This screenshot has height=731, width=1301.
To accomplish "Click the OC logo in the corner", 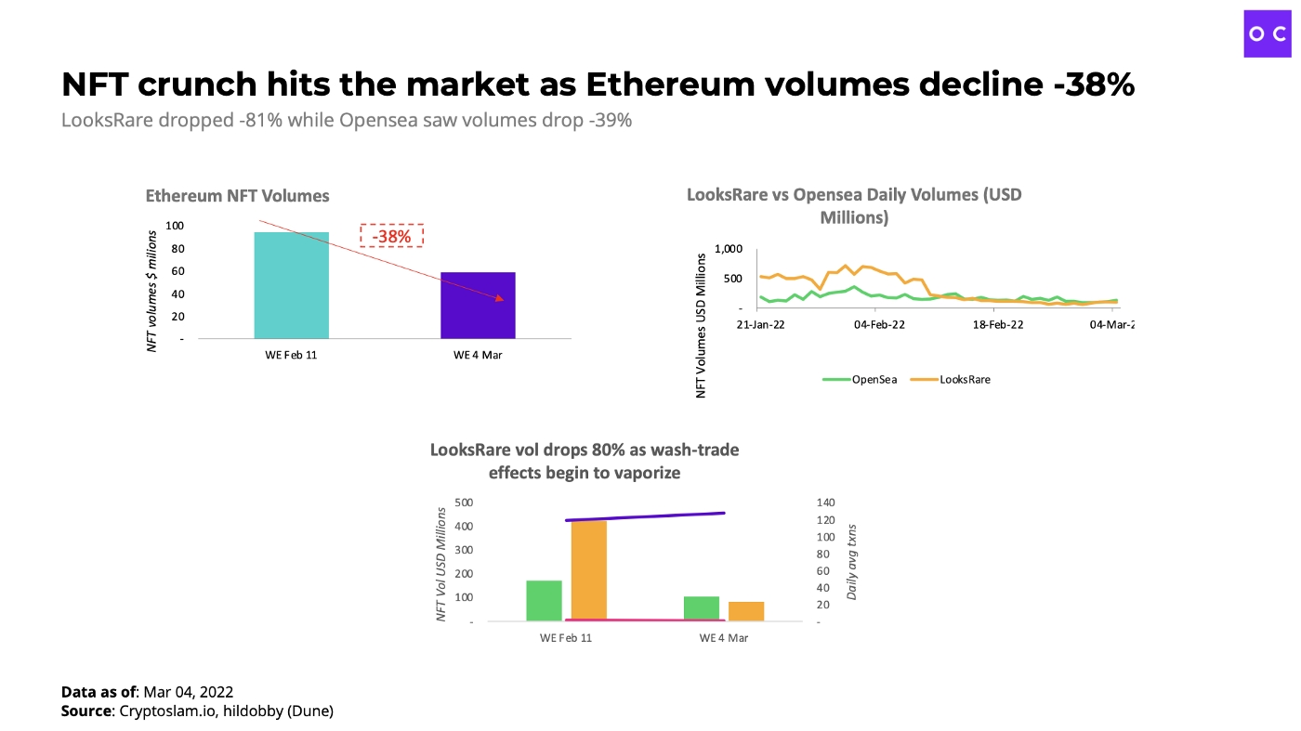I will pyautogui.click(x=1268, y=33).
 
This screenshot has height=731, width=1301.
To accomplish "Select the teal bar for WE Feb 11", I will pyautogui.click(x=291, y=285).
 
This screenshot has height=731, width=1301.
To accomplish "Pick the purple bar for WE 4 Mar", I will pyautogui.click(x=478, y=306).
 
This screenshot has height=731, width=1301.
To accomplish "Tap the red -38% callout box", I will pyautogui.click(x=391, y=236).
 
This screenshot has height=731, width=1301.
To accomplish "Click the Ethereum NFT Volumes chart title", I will pyautogui.click(x=237, y=196).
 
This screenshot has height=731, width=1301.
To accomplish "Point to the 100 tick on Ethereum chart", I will pyautogui.click(x=175, y=226).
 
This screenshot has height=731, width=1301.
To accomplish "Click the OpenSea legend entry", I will pyautogui.click(x=860, y=379).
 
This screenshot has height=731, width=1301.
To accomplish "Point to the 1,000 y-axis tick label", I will pyautogui.click(x=729, y=249).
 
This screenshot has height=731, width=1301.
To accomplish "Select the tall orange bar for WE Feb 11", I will pyautogui.click(x=588, y=570).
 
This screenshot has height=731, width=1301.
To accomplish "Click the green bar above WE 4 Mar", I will pyautogui.click(x=702, y=608).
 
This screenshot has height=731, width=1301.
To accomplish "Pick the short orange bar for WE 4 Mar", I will pyautogui.click(x=746, y=611).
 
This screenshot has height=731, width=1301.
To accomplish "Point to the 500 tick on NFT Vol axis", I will pyautogui.click(x=464, y=503).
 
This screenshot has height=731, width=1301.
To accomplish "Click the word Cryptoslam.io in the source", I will pyautogui.click(x=159, y=711).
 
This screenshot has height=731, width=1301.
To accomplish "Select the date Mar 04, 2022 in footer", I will pyautogui.click(x=188, y=692).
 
